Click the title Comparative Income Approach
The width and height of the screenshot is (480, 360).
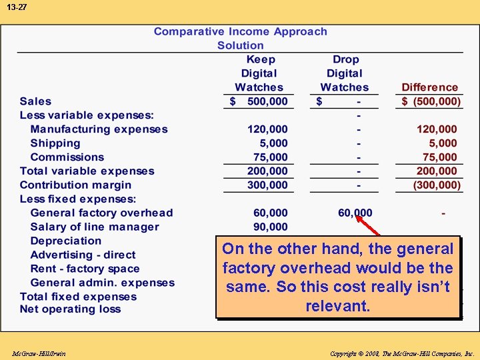pyautogui.click(x=240, y=31)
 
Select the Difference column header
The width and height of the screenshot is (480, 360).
pyautogui.click(x=429, y=87)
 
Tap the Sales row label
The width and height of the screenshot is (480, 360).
pyautogui.click(x=35, y=101)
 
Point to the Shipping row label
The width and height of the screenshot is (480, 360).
pyautogui.click(x=55, y=143)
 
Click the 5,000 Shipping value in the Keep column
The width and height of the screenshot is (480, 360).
pyautogui.click(x=274, y=143)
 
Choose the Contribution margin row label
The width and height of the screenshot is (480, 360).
pyautogui.click(x=75, y=185)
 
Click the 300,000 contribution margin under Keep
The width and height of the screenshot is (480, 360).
pyautogui.click(x=267, y=185)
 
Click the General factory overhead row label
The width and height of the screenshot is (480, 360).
pyautogui.click(x=101, y=213)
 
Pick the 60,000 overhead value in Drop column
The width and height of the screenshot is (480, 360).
pyautogui.click(x=355, y=213)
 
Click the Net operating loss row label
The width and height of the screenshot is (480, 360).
pyautogui.click(x=70, y=309)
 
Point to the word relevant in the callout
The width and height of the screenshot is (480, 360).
pyautogui.click(x=337, y=307)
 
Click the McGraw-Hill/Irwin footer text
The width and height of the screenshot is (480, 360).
pyautogui.click(x=39, y=353)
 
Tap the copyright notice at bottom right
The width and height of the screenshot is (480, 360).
pyautogui.click(x=401, y=353)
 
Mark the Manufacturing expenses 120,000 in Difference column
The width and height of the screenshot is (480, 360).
pyautogui.click(x=437, y=129)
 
